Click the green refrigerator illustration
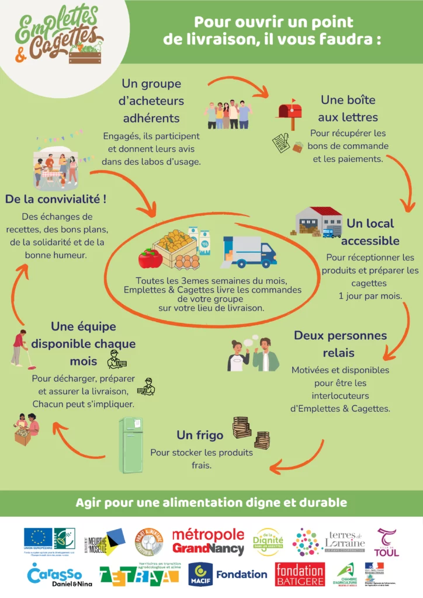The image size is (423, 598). pos(131,444)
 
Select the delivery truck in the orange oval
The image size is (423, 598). pos(249,252)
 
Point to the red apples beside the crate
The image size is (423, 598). pos(150,257)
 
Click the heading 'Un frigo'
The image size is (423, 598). pos(200,435)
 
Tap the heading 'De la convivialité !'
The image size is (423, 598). pos(56,199)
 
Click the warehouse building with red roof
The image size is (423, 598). pos(319,221)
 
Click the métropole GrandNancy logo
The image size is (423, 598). pos(208,541)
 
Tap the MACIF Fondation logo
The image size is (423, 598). pos(228,575)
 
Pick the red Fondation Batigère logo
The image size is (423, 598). pos(300,575)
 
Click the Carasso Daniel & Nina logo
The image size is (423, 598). pos(55,575)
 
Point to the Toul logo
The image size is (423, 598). pos(387,542)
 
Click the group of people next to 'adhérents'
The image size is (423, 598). pos(229,113)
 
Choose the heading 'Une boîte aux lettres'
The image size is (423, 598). pos(348,109)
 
